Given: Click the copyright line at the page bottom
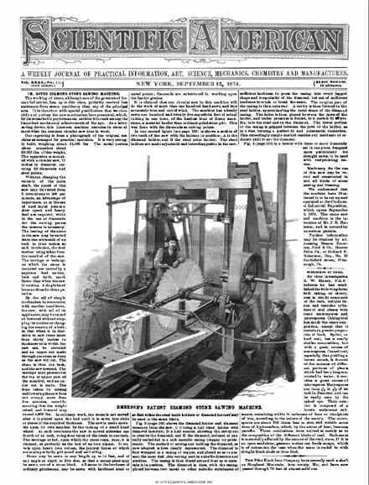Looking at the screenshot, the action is tap(184, 481).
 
